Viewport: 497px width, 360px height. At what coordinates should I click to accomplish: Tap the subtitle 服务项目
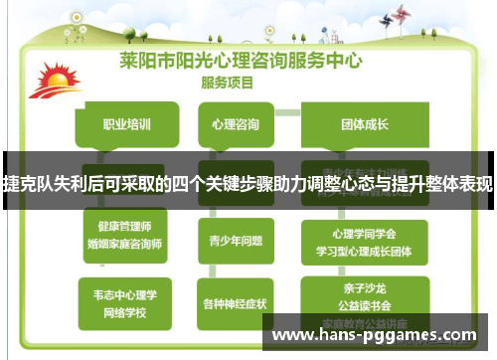[230, 81]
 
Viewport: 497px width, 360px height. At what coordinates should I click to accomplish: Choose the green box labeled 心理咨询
[236, 125]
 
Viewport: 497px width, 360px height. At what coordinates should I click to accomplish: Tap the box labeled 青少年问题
[236, 239]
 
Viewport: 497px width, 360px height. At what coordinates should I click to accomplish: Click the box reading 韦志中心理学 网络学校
[124, 301]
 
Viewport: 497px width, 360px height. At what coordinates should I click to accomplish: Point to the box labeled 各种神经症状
[236, 302]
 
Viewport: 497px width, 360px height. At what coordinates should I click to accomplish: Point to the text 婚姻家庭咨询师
[124, 243]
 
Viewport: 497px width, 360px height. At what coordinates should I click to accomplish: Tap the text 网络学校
[124, 310]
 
